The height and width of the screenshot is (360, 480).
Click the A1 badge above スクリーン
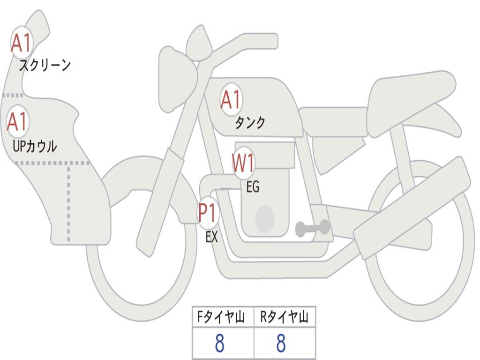(x=21, y=43)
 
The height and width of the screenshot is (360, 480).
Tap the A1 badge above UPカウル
(x=18, y=122)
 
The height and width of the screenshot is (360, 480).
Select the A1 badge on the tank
(x=231, y=99)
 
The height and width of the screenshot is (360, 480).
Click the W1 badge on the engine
(x=243, y=164)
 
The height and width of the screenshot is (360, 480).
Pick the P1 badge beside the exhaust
(x=207, y=213)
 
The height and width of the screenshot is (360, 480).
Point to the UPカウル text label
(x=35, y=146)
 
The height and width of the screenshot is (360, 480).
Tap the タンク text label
(x=250, y=123)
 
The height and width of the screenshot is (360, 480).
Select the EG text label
(x=253, y=187)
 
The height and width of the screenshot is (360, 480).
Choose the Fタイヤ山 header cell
(x=223, y=318)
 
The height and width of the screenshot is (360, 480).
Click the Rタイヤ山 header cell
(x=284, y=318)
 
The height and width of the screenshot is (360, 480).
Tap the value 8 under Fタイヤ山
(x=219, y=344)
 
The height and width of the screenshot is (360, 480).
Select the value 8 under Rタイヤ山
(x=281, y=344)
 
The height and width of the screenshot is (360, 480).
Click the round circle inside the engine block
(x=264, y=218)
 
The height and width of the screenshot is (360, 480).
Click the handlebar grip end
(x=270, y=41)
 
